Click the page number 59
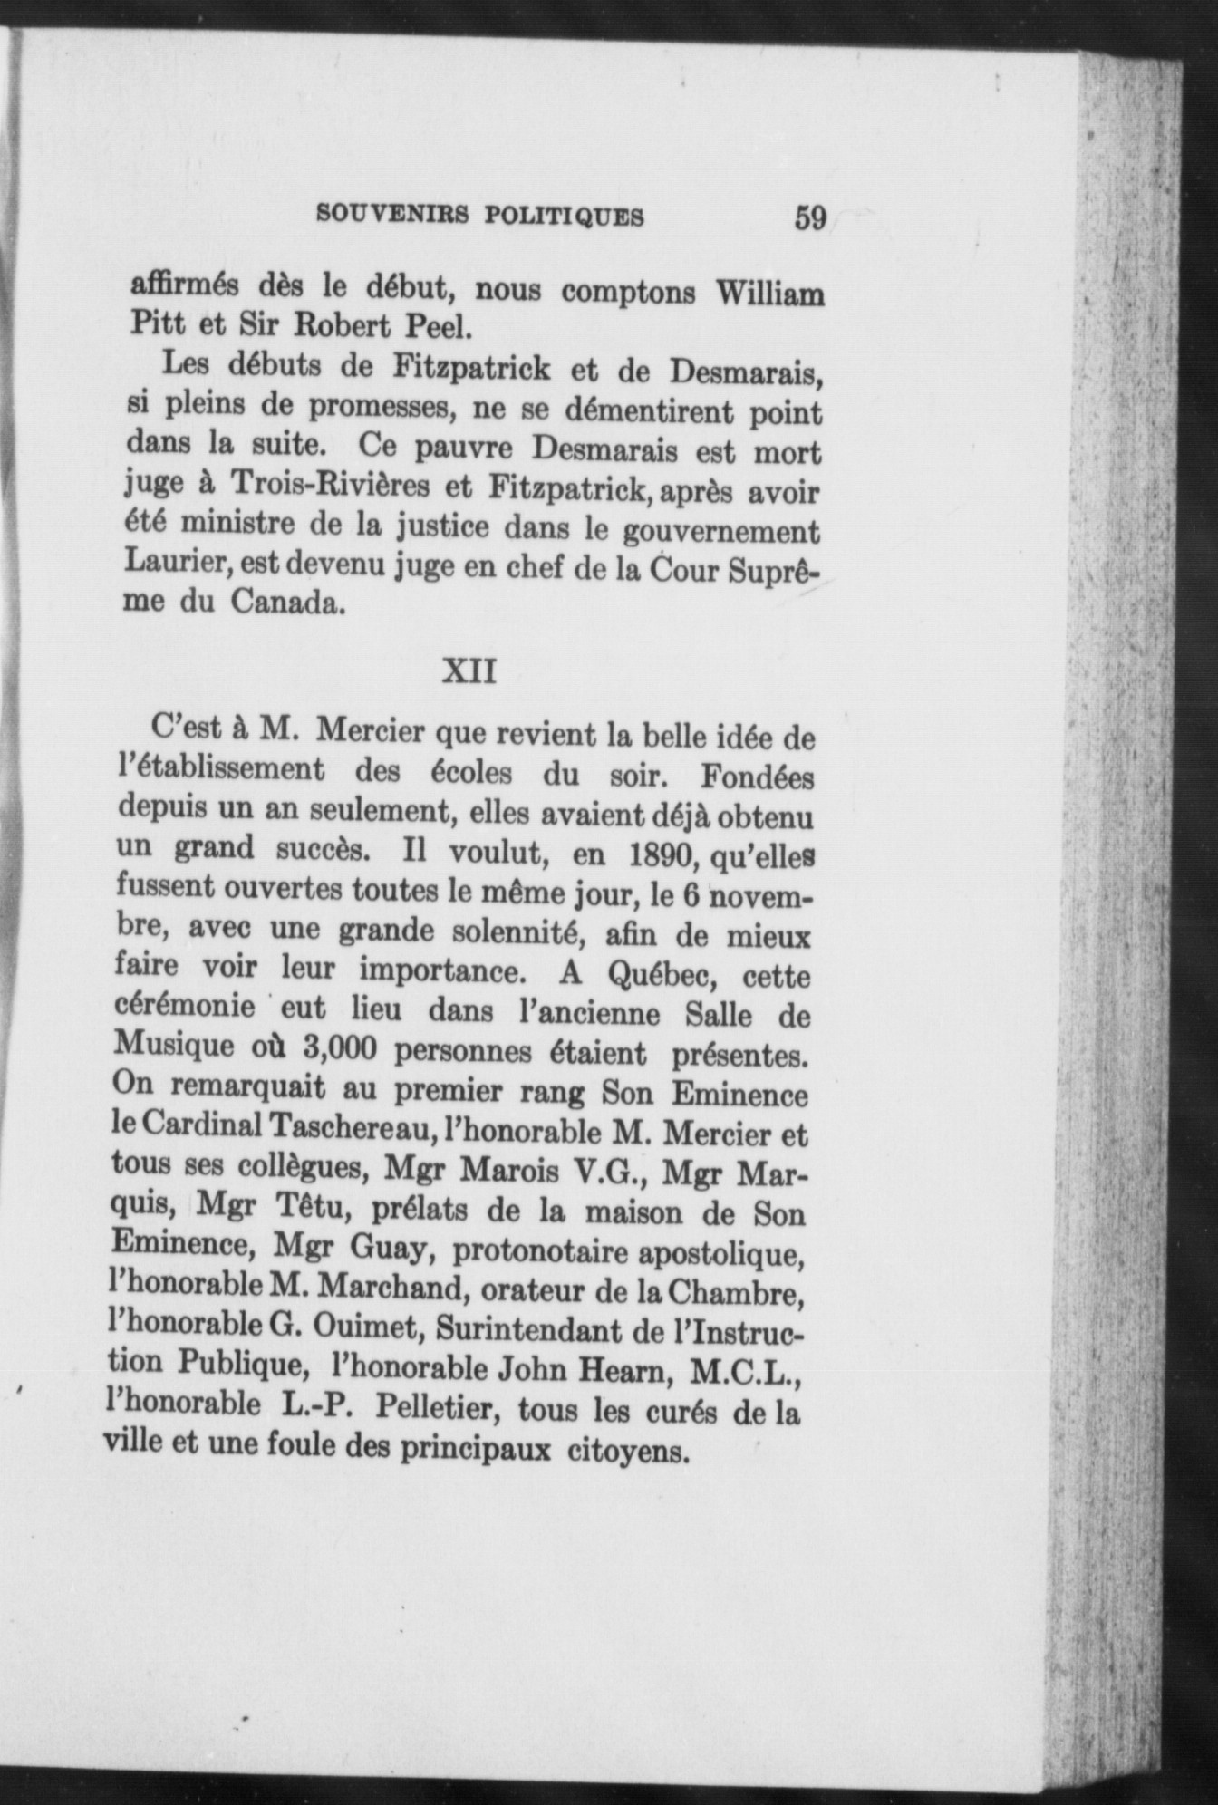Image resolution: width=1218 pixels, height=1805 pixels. click(x=810, y=218)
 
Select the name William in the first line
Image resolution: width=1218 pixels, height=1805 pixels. click(x=769, y=295)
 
